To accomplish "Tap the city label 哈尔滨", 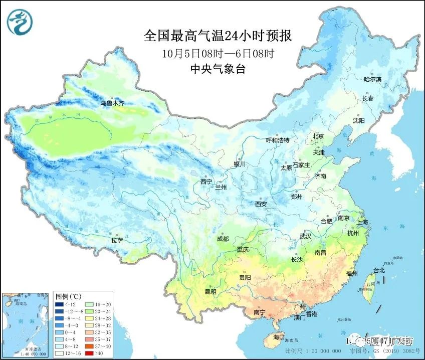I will tap(372, 79).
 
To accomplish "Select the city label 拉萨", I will tap(117, 240).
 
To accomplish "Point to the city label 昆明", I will tap(210, 291).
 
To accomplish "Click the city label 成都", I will tap(223, 239).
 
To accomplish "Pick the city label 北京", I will tap(318, 136).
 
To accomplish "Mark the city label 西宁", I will tap(206, 182).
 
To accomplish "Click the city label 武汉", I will tap(305, 236).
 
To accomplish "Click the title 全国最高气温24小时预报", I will tap(218, 36).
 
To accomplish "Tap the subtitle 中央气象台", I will tap(218, 70).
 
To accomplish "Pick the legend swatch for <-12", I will tap(60, 304).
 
